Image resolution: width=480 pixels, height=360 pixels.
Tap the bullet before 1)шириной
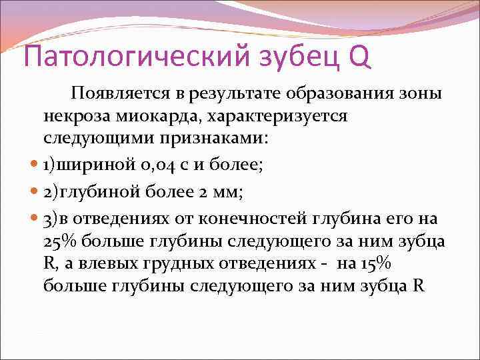pos(34,164)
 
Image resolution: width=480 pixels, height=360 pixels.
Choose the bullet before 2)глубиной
pos(34,193)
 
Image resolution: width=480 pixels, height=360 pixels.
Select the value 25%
pos(59,243)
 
